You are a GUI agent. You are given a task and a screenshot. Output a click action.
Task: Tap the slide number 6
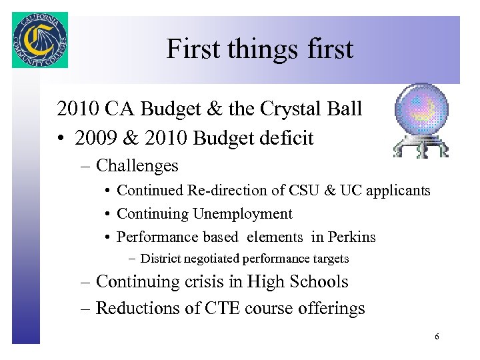437,337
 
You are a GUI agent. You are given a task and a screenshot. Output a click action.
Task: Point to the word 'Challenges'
137,165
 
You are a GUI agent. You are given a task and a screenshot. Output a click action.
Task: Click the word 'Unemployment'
243,214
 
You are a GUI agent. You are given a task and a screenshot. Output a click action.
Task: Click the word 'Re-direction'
205,191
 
